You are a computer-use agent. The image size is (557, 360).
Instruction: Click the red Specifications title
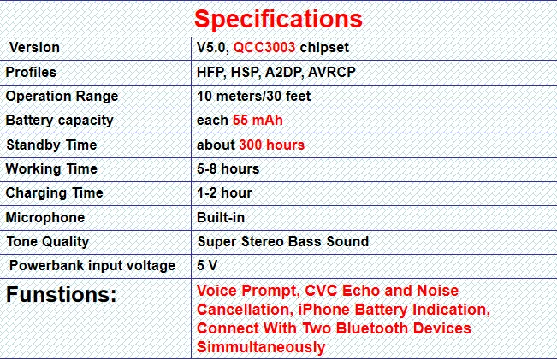point(278,19)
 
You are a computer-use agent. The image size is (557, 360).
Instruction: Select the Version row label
point(34,47)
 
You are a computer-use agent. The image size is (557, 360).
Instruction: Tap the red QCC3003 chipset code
point(264,47)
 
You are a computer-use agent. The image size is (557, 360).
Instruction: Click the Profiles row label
point(31,72)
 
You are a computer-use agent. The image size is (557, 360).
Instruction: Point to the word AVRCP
point(332,72)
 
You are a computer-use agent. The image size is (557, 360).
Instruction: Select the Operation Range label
point(62,97)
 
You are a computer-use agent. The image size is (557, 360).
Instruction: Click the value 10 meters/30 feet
point(253,97)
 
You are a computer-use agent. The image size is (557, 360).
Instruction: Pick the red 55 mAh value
point(258,120)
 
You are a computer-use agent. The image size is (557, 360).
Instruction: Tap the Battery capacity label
point(59,121)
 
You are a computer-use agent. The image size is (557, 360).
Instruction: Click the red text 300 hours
point(272,145)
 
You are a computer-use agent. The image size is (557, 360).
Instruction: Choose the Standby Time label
point(51,145)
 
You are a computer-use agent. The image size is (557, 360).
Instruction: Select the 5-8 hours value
point(228,168)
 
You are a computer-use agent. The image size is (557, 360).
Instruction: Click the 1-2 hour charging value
point(224,192)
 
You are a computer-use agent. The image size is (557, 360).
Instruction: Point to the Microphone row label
point(45,218)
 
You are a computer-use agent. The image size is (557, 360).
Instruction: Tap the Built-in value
point(221,217)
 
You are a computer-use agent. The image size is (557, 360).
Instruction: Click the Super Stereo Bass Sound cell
point(283,241)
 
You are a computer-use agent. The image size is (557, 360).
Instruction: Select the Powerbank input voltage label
point(92,266)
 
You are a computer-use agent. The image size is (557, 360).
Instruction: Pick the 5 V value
point(207,265)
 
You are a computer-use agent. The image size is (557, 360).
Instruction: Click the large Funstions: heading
point(61,294)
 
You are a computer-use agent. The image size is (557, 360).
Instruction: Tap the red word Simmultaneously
point(261,347)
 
